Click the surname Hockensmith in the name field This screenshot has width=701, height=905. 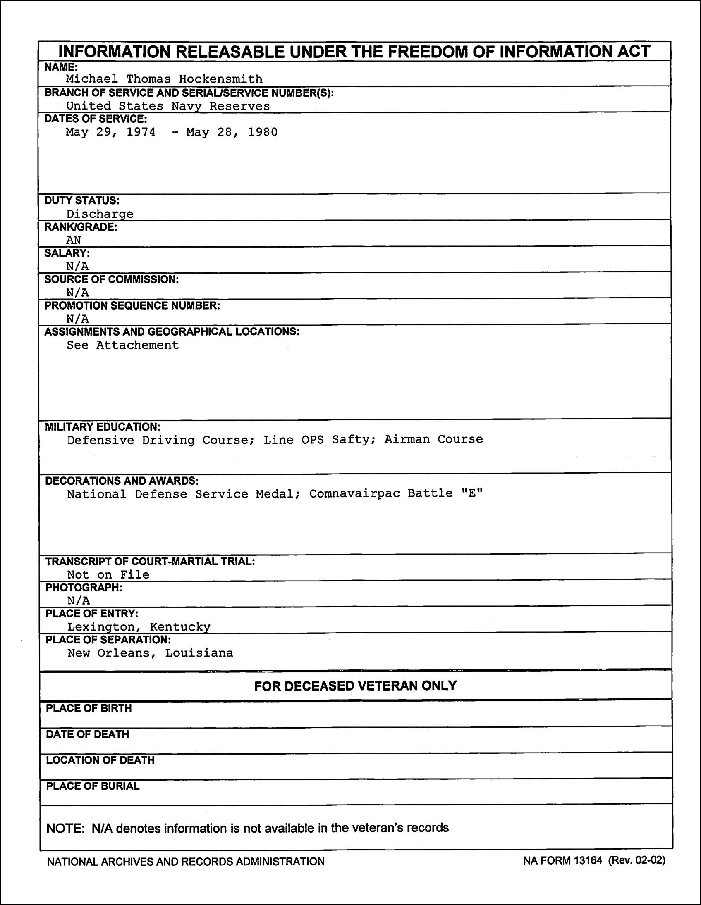pyautogui.click(x=221, y=79)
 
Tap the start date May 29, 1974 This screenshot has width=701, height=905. pyautogui.click(x=111, y=132)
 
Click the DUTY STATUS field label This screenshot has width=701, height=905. pyautogui.click(x=82, y=200)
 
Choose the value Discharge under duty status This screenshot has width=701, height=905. pyautogui.click(x=100, y=214)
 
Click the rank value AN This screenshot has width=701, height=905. pyautogui.click(x=74, y=241)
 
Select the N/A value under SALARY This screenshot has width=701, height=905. pyautogui.click(x=78, y=267)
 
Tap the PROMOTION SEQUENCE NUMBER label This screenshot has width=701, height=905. pyautogui.click(x=132, y=306)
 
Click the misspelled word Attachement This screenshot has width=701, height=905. pyautogui.click(x=137, y=345)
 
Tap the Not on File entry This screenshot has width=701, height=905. pyautogui.click(x=108, y=575)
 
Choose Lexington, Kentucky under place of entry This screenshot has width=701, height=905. pyautogui.click(x=139, y=627)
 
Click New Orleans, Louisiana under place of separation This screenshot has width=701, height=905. pyautogui.click(x=150, y=653)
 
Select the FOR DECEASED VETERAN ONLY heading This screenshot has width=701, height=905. pyautogui.click(x=356, y=686)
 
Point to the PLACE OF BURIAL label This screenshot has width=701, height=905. pyautogui.click(x=93, y=786)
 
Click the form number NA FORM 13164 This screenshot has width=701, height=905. pyautogui.click(x=562, y=861)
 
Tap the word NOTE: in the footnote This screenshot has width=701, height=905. pyautogui.click(x=65, y=828)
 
